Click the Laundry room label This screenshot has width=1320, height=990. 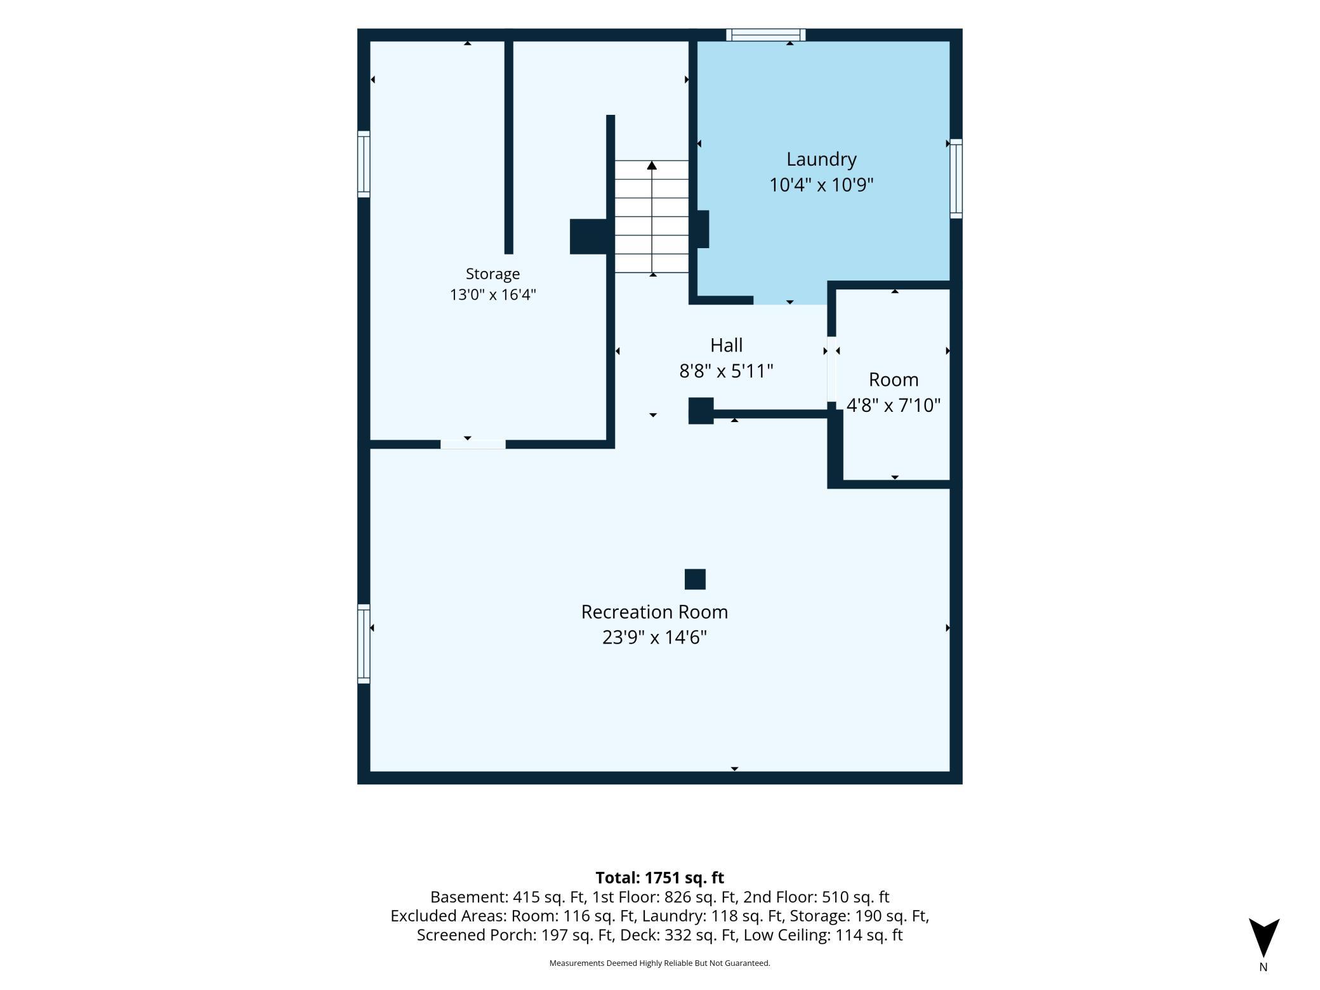821,159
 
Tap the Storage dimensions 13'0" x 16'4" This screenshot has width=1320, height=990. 493,294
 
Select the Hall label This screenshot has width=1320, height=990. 726,345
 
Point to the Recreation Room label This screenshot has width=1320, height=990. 654,612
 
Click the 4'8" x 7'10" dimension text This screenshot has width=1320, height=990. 894,405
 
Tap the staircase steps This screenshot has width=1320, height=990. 652,216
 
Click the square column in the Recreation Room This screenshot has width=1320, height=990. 695,579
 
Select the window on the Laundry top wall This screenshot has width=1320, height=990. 766,35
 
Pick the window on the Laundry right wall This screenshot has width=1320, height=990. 956,179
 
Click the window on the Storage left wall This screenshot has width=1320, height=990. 364,164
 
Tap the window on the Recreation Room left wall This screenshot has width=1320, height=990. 364,643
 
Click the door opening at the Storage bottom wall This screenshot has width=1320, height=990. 473,444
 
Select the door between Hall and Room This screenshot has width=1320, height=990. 831,369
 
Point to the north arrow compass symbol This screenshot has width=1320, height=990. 1264,938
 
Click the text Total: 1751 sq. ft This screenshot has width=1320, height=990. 659,878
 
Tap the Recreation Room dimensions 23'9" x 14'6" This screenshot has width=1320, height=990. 654,637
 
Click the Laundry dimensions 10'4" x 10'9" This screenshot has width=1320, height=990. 821,185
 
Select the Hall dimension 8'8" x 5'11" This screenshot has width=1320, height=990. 726,371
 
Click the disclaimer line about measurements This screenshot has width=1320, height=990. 659,963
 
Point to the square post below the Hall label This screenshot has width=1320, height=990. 701,411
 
